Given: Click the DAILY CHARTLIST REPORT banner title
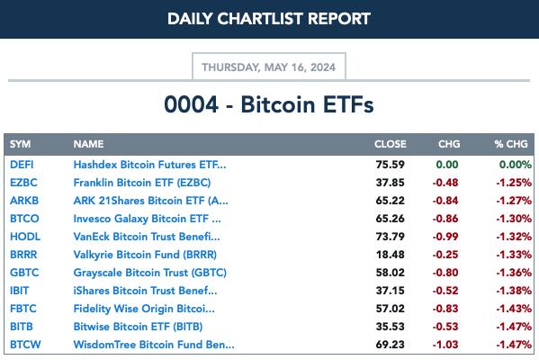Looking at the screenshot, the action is pyautogui.click(x=269, y=19).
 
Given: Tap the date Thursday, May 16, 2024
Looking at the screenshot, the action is pyautogui.click(x=268, y=67).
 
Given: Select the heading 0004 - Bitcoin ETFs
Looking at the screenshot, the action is pyautogui.click(x=269, y=104).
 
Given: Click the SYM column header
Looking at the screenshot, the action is pyautogui.click(x=21, y=144).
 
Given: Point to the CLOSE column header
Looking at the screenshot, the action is pyautogui.click(x=391, y=144).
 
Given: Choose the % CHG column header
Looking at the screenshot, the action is pyautogui.click(x=511, y=144).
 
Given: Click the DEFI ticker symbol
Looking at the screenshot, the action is pyautogui.click(x=22, y=165).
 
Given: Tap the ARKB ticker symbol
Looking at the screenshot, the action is pyautogui.click(x=24, y=201).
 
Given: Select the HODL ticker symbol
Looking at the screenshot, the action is pyautogui.click(x=25, y=237).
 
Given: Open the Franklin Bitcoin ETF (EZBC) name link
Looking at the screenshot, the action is pyautogui.click(x=142, y=183).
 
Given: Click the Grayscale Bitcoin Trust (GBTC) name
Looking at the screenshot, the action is pyautogui.click(x=150, y=273).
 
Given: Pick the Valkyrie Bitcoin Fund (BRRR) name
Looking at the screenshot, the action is pyautogui.click(x=145, y=255).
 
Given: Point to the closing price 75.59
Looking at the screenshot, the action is pyautogui.click(x=391, y=165).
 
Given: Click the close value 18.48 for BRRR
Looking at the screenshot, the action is pyautogui.click(x=391, y=255).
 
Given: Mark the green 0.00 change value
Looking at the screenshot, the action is pyautogui.click(x=447, y=165).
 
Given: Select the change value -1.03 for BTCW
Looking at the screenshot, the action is pyautogui.click(x=445, y=345).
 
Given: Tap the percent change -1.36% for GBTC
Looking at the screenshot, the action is pyautogui.click(x=514, y=273).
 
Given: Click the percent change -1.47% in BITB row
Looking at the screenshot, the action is pyautogui.click(x=514, y=327).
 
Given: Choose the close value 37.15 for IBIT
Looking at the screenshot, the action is pyautogui.click(x=391, y=291).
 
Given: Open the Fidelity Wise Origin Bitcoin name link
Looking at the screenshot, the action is pyautogui.click(x=144, y=309).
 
